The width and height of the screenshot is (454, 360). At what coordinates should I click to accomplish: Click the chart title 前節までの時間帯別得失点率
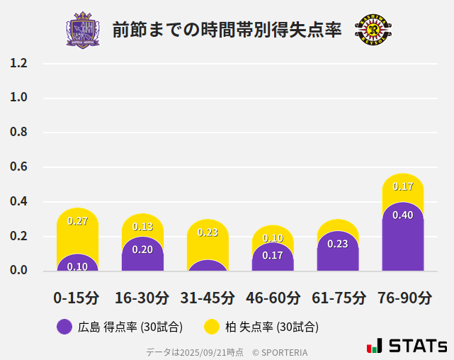click(227, 30)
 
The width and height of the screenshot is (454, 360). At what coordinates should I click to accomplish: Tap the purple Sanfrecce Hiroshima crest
click(83, 30)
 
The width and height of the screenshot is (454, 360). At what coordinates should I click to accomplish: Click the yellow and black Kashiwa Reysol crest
click(373, 30)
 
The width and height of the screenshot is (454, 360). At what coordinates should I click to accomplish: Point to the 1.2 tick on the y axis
click(18, 64)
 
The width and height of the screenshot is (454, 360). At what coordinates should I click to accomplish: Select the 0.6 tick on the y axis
click(18, 167)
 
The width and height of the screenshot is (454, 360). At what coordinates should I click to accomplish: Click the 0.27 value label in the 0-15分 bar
click(77, 221)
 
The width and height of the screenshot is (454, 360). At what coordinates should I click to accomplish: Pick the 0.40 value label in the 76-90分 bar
click(403, 215)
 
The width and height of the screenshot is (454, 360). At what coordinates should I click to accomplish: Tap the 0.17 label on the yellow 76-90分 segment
click(403, 187)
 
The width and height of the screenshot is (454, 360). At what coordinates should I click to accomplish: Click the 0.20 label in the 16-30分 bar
click(142, 249)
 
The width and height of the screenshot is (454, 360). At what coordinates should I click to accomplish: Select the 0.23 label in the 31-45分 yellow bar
click(208, 232)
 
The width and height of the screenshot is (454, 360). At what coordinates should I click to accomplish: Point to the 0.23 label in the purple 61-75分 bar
click(338, 244)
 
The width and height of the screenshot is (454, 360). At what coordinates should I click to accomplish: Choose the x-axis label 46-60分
click(273, 297)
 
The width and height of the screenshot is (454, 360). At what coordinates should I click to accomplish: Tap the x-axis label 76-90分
click(404, 297)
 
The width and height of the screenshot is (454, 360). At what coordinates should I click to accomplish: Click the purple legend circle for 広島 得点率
click(64, 327)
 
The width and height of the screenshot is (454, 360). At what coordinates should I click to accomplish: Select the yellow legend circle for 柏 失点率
click(211, 327)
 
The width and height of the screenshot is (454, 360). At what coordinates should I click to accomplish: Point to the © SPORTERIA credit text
click(280, 351)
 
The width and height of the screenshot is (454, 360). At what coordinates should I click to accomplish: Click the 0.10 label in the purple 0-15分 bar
click(77, 266)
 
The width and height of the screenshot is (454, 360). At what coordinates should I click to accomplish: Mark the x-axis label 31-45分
click(208, 297)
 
